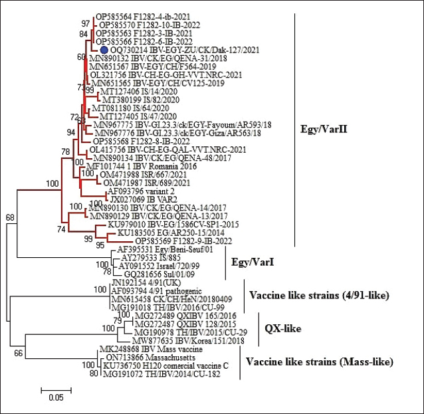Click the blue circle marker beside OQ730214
tap(104, 51)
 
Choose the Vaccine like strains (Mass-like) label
tap(319, 362)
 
